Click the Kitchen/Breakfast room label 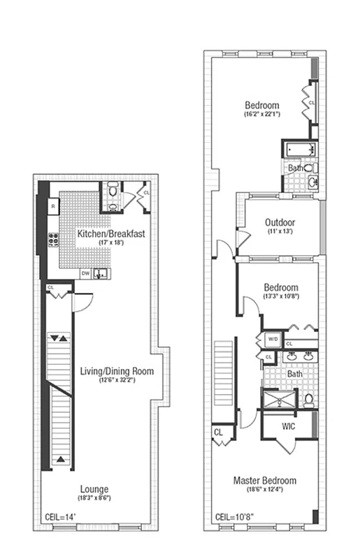tap(111, 234)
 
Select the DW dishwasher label tap(85, 273)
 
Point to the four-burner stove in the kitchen tap(53, 242)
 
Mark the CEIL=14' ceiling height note tap(61, 518)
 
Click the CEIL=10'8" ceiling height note tap(235, 518)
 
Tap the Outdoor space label tap(280, 223)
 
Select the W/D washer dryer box tap(273, 340)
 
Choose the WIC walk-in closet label tap(288, 426)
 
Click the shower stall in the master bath tap(278, 400)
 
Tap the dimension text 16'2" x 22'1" tap(262, 113)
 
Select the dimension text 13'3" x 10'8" tap(280, 296)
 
